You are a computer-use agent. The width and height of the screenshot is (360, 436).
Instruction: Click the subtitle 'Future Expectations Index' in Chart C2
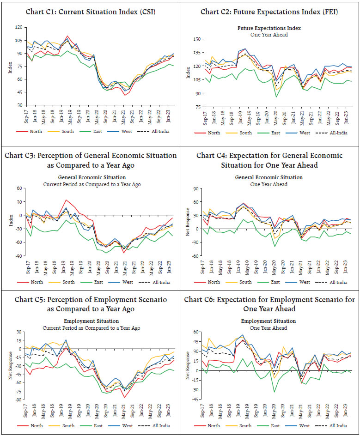pos(269,28)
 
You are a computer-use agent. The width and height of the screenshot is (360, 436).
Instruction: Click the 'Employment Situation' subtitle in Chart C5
pos(91,321)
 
